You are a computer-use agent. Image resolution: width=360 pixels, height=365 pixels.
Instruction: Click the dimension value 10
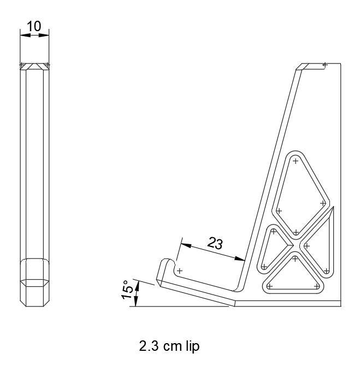(x=34, y=26)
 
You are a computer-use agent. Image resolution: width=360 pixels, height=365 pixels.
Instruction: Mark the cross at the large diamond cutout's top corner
(x=295, y=161)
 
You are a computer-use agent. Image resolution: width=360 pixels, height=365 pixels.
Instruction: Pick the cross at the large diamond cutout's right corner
(x=323, y=203)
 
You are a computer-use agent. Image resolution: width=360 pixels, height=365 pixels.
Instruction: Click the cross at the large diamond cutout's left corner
(x=279, y=210)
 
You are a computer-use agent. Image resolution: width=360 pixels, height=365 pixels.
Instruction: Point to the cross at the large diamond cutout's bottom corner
(x=296, y=232)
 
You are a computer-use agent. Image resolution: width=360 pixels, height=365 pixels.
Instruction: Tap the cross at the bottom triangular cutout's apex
(x=295, y=258)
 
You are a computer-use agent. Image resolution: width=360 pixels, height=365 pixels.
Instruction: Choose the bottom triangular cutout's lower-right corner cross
(x=317, y=285)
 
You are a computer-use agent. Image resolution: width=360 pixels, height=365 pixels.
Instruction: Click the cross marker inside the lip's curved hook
(x=179, y=270)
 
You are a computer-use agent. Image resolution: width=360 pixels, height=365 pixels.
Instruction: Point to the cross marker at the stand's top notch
(x=324, y=65)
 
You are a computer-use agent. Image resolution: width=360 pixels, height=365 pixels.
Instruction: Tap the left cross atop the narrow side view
(x=22, y=66)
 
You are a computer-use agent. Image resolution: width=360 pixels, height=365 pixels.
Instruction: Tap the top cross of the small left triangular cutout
(x=273, y=231)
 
